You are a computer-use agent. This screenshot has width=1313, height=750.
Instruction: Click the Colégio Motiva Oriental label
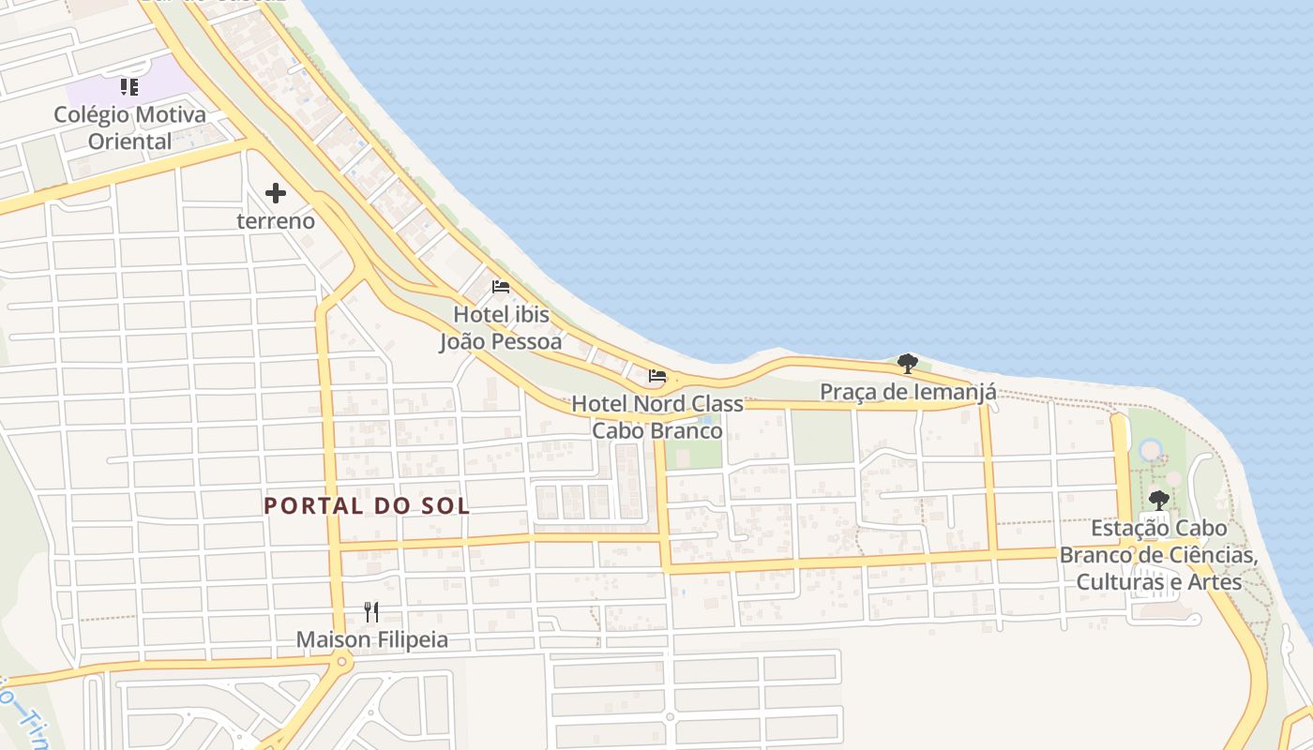129,128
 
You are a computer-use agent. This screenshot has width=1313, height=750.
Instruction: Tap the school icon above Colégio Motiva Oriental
129,87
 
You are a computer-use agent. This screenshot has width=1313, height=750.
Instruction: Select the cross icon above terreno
276,193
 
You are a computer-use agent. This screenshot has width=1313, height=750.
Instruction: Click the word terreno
276,221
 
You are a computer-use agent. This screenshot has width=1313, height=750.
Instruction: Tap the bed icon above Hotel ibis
501,286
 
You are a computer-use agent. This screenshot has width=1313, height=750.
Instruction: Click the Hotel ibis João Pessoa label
501,328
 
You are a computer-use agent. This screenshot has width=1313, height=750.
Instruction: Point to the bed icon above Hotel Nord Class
657,376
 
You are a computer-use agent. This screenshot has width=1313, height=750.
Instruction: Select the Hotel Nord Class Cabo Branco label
657,417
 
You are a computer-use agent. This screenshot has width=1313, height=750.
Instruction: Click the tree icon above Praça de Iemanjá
907,363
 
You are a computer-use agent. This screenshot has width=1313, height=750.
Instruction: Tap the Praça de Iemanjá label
908,392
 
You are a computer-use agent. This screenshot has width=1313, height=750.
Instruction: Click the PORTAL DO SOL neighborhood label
367,506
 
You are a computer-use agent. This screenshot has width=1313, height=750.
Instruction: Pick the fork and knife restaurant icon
371,612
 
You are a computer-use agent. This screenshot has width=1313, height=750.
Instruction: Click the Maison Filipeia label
371,640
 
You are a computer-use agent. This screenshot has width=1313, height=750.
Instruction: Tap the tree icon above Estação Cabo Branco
1159,499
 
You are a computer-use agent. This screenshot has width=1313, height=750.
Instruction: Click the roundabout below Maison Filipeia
340,662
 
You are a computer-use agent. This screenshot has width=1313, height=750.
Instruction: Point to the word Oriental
129,142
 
